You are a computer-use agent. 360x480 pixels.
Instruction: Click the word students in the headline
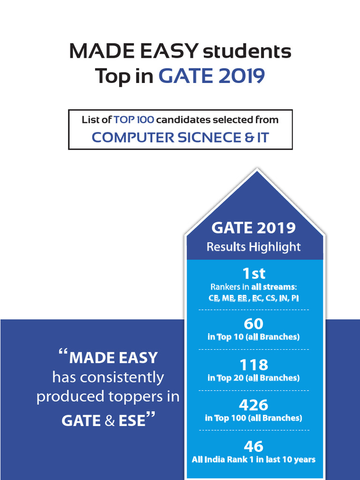pyautogui.click(x=247, y=52)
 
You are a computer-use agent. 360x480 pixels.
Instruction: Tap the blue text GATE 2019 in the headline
pyautogui.click(x=211, y=76)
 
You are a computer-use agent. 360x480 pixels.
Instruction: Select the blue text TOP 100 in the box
pyautogui.click(x=134, y=120)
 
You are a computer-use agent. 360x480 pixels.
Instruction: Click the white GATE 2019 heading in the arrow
pyautogui.click(x=254, y=228)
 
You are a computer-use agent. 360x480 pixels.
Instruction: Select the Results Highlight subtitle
pyautogui.click(x=254, y=247)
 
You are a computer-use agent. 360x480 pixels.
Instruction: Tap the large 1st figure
pyautogui.click(x=254, y=273)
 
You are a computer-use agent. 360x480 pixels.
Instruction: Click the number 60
pyautogui.click(x=254, y=324)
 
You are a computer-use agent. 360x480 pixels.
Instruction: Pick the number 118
pyautogui.click(x=254, y=365)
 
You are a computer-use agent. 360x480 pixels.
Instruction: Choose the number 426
pyautogui.click(x=254, y=405)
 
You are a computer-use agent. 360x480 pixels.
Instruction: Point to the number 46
pyautogui.click(x=254, y=446)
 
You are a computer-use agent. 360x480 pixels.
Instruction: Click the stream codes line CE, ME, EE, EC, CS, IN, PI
pyautogui.click(x=254, y=298)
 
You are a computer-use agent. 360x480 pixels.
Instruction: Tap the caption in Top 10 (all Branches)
pyautogui.click(x=254, y=337)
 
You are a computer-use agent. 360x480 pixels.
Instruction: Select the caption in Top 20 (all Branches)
pyautogui.click(x=254, y=378)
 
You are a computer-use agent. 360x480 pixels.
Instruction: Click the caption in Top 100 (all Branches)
pyautogui.click(x=254, y=418)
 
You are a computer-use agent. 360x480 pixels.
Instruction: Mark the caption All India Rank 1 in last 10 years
pyautogui.click(x=254, y=459)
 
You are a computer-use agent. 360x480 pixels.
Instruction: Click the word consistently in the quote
pyautogui.click(x=108, y=377)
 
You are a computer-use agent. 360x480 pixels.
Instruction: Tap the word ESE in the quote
pyautogui.click(x=132, y=420)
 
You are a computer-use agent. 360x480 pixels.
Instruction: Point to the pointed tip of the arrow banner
pyautogui.click(x=255, y=171)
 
